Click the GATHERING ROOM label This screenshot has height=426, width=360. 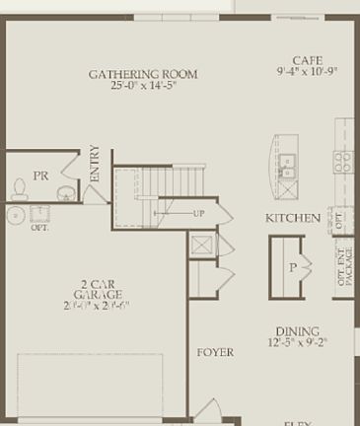143,74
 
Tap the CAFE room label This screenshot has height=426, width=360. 308,60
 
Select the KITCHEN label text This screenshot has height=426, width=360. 292,218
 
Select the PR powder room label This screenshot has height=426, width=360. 40,176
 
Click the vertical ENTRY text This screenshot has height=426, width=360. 95,163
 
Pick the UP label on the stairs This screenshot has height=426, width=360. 199,213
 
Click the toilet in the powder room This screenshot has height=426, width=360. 18,186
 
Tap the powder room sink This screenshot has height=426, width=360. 65,192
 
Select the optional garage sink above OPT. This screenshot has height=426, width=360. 16,214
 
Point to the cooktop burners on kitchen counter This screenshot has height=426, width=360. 342,163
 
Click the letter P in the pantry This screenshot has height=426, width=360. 292,266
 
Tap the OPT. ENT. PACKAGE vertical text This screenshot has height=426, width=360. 343,263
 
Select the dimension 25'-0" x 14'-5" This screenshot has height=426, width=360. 143,87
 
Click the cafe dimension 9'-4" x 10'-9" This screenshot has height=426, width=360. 308,72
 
